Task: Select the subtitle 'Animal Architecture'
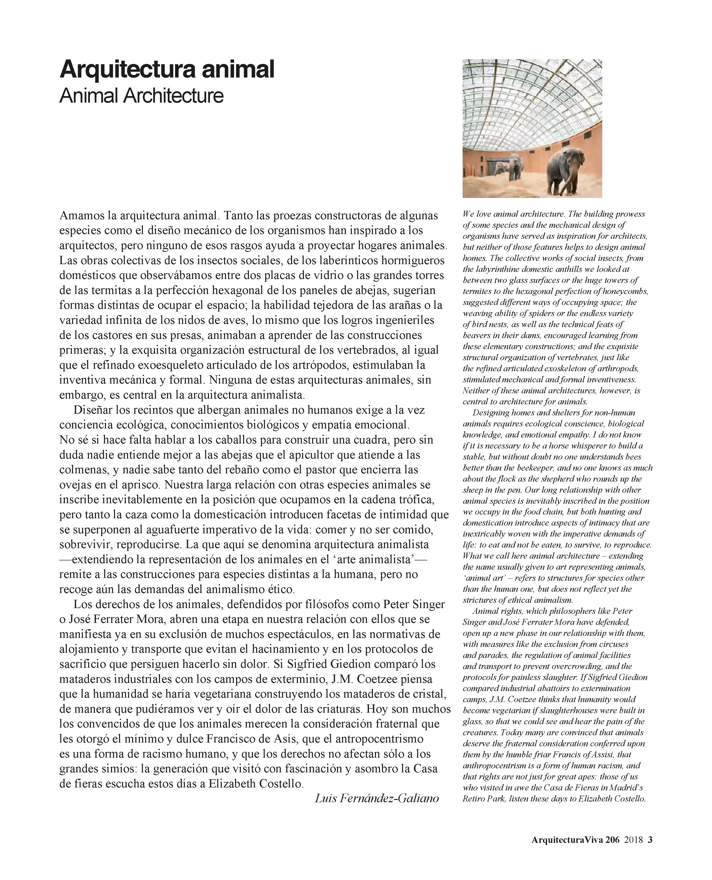pyautogui.click(x=141, y=96)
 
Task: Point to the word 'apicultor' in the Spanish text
pyautogui.click(x=310, y=455)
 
